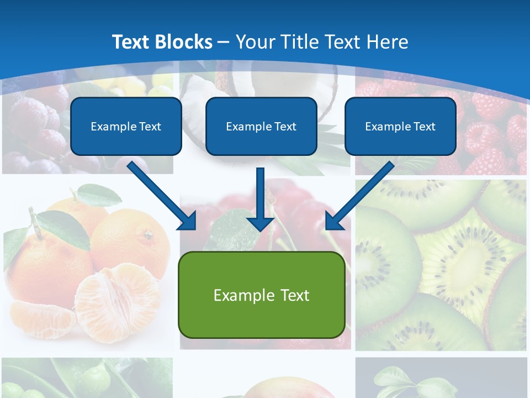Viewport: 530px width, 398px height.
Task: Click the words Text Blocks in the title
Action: click(x=162, y=42)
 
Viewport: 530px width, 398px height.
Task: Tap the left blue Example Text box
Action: click(x=126, y=126)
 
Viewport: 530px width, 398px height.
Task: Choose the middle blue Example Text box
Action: click(x=261, y=126)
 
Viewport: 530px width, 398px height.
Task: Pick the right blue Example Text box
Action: click(x=400, y=126)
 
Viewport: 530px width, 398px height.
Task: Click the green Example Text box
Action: click(x=261, y=295)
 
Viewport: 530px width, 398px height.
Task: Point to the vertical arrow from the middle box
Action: click(x=261, y=199)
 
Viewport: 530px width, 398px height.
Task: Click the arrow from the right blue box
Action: click(x=360, y=196)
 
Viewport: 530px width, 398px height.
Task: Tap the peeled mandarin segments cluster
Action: click(x=116, y=298)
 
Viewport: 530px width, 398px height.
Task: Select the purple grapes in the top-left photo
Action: click(x=33, y=127)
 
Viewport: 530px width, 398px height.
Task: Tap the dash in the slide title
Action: click(x=224, y=43)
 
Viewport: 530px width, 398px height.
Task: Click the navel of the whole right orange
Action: click(x=148, y=236)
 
